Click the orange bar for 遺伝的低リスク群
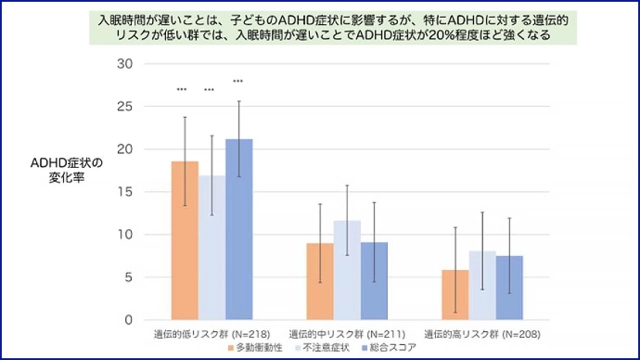coord(185,240)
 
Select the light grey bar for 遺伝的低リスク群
coord(211,248)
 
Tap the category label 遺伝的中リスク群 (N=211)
coord(347,333)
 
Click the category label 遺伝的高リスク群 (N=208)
coord(481,333)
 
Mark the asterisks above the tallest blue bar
coord(238,81)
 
